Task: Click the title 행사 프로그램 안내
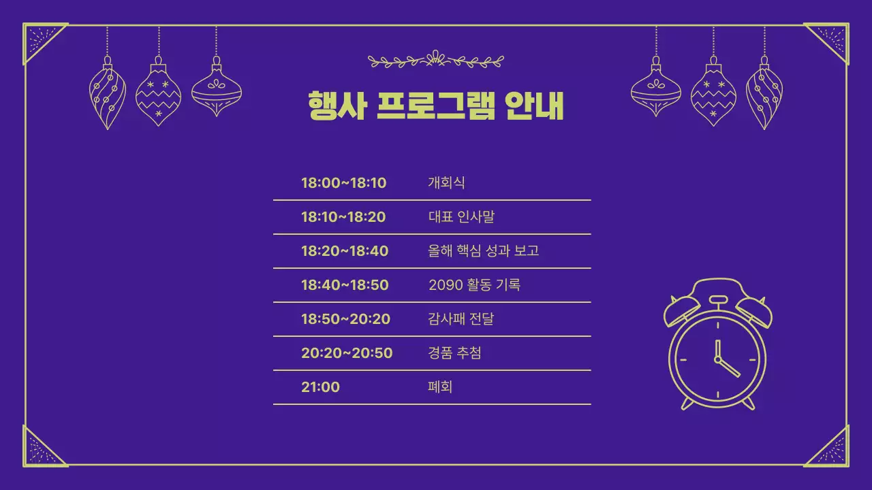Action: [436, 105]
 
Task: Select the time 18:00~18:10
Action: [343, 183]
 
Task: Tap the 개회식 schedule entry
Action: [446, 183]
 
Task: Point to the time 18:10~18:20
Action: [343, 217]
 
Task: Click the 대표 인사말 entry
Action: [461, 217]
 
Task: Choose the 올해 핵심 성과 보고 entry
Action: [484, 251]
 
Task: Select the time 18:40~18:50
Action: [345, 285]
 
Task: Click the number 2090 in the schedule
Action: [445, 285]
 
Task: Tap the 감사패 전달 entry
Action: [461, 319]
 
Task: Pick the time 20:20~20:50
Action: [347, 353]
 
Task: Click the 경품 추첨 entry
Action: [454, 353]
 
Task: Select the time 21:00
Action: [320, 387]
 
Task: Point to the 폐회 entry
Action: [440, 387]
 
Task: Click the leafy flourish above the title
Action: [436, 61]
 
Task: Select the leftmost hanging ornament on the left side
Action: [107, 93]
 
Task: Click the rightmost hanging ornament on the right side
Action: [764, 93]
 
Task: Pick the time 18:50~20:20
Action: [345, 319]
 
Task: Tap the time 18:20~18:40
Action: [345, 251]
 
